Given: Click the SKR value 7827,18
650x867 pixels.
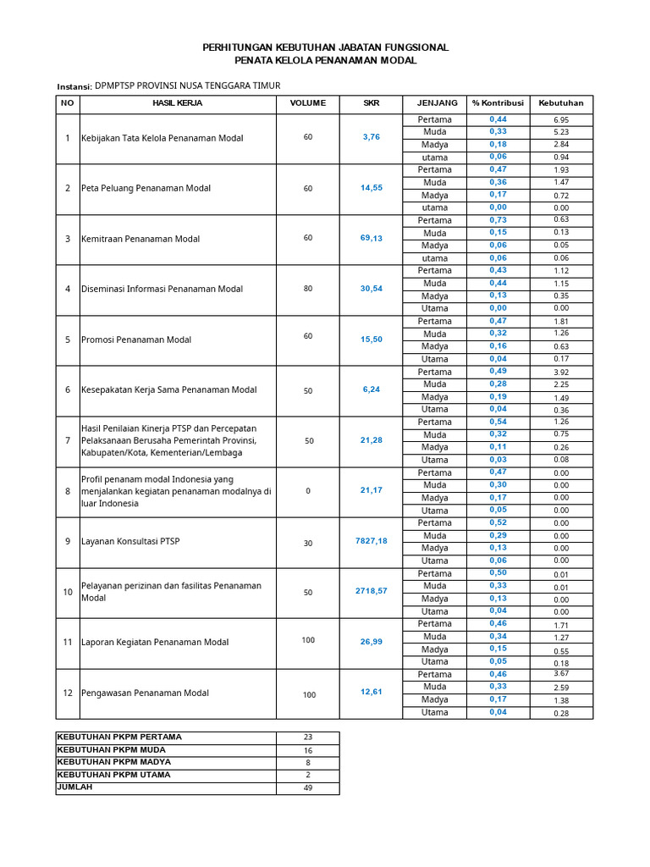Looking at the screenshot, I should [x=371, y=541].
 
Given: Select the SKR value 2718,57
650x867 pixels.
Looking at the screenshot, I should [x=371, y=591].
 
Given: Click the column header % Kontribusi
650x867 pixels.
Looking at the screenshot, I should [x=498, y=103].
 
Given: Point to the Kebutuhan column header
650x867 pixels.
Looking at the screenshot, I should [x=561, y=103].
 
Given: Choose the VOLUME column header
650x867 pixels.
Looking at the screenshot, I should [x=307, y=103].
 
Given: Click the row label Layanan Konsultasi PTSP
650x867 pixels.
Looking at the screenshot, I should [x=130, y=542].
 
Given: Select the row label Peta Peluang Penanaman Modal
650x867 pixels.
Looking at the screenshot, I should [x=146, y=188].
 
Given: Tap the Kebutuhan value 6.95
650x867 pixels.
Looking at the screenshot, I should [x=561, y=120].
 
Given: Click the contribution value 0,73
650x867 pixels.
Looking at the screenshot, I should [x=498, y=219].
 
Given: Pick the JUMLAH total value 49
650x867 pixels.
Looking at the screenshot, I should [x=307, y=788].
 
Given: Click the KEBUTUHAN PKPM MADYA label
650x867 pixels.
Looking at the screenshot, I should [x=113, y=762].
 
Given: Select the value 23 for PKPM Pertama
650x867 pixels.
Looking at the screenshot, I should [x=307, y=737].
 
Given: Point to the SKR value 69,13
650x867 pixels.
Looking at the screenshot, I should [x=371, y=239].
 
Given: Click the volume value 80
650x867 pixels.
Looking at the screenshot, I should [x=307, y=289].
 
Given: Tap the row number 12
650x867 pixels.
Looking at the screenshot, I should [x=68, y=693].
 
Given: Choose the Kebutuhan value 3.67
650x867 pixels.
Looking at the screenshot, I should [x=561, y=674].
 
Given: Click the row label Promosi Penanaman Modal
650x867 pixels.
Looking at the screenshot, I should [x=135, y=340].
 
